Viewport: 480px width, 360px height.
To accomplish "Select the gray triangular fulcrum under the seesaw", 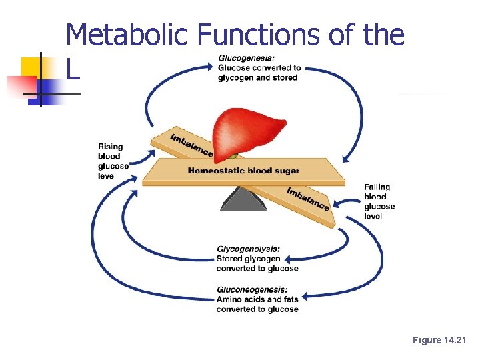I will click(x=243, y=198).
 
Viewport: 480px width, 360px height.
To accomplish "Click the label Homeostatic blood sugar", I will click(x=243, y=171).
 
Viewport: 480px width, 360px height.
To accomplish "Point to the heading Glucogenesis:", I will click(x=246, y=57).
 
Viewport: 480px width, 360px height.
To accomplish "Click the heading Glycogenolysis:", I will click(x=248, y=249).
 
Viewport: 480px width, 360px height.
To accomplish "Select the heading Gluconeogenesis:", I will click(x=252, y=289).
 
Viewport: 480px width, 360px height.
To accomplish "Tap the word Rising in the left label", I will click(x=110, y=147).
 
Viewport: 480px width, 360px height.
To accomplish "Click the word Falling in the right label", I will click(x=377, y=187).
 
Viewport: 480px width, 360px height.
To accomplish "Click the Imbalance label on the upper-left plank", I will click(x=191, y=145).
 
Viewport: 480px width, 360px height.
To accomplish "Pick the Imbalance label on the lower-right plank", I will click(x=307, y=199).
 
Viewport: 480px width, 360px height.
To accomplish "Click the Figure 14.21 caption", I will click(x=440, y=341).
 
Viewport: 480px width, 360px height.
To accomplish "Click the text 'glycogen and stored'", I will click(x=257, y=77).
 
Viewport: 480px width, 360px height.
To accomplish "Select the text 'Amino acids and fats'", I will click(x=257, y=299).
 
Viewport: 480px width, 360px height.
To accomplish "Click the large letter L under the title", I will click(x=73, y=69).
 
